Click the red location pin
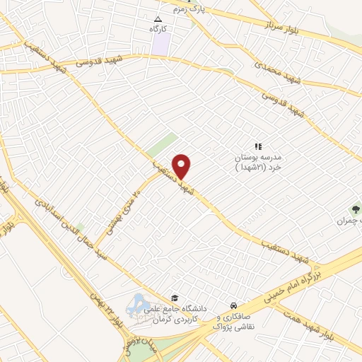[x=182, y=166]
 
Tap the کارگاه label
[x=158, y=30]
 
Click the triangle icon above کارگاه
[x=158, y=19]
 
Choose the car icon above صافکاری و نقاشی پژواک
[x=233, y=305]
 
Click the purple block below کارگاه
[x=160, y=45]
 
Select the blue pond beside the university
[x=136, y=303]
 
